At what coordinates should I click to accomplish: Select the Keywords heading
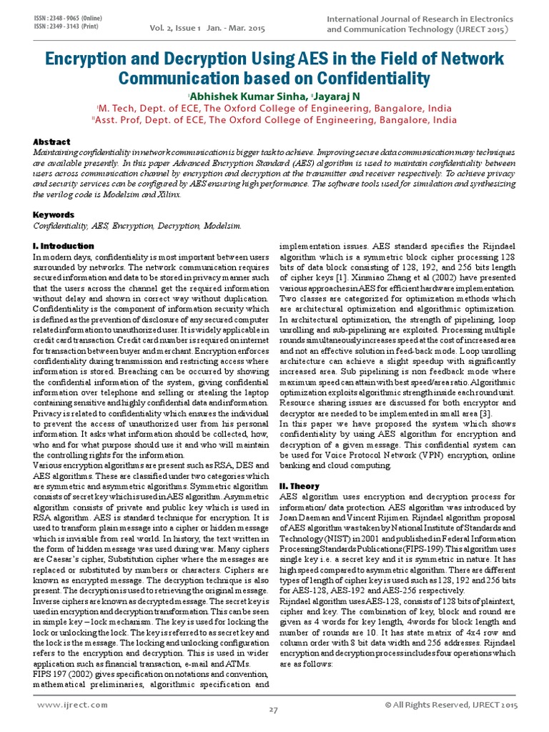click(x=54, y=214)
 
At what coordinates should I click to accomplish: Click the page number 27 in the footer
click(x=273, y=709)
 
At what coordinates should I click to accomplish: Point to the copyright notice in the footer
click(x=450, y=705)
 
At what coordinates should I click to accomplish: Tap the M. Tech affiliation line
click(x=274, y=108)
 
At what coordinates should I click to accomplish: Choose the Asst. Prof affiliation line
click(x=274, y=120)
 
